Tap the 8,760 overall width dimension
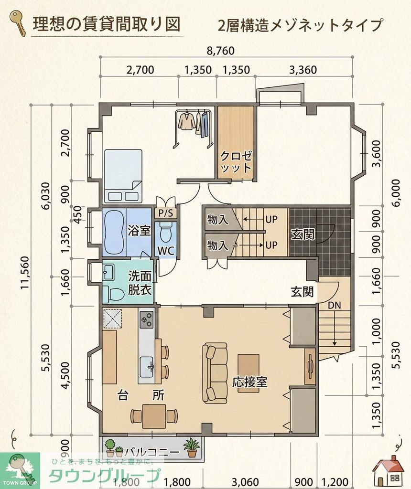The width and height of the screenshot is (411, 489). [x=221, y=51]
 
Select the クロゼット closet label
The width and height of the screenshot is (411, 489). [x=236, y=161]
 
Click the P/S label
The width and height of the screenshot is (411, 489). [x=166, y=213]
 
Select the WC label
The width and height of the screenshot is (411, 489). [x=166, y=251]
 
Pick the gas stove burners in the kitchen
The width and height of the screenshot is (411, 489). [x=146, y=319]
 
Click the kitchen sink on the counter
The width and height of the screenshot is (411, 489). [x=146, y=367]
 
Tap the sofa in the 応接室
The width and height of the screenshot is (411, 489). [x=215, y=372]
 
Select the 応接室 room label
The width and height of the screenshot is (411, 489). [x=249, y=382]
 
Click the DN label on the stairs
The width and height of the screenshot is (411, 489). [x=335, y=305]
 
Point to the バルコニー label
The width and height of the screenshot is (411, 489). [x=152, y=452]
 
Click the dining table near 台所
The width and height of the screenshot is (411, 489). [x=154, y=416]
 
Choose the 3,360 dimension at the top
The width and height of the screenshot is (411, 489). [x=303, y=70]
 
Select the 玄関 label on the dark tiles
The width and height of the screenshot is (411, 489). [x=303, y=234]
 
